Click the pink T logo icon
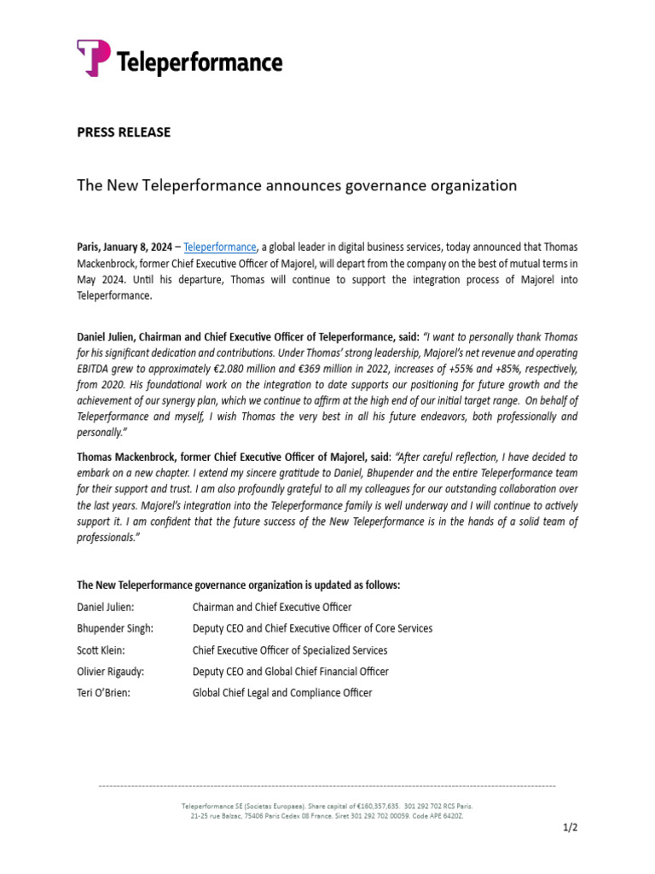pos(94,58)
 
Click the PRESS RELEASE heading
pos(124,132)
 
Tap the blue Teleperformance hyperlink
pos(220,248)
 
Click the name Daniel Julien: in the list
pos(106,607)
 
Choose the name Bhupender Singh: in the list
pos(115,628)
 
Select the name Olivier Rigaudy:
pos(111,672)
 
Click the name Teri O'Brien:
pos(104,693)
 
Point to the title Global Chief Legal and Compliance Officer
pos(282,693)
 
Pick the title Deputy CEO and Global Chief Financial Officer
pos(290,672)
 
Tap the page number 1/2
pos(571,827)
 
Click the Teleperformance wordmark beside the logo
pos(198,62)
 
